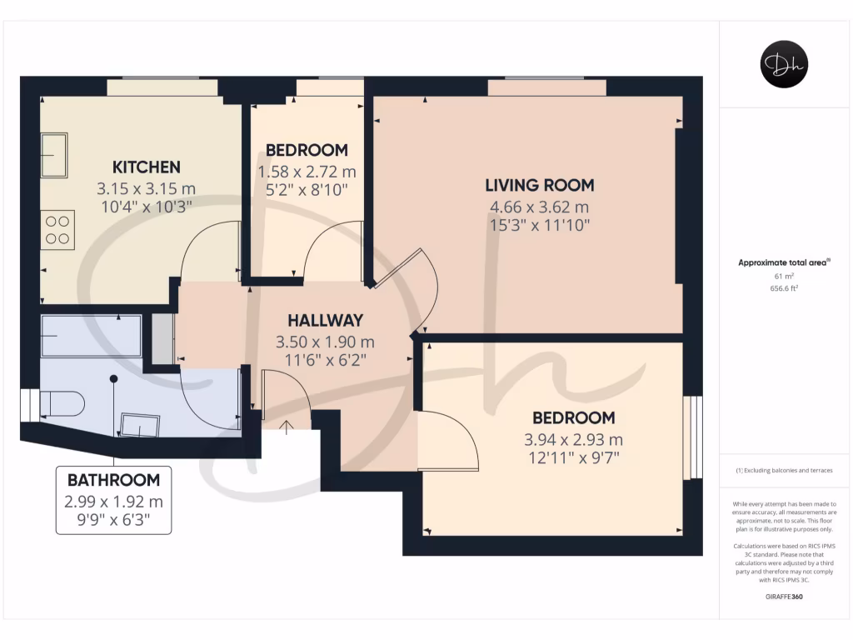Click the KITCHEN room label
147,167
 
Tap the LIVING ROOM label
540,185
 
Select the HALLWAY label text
325,320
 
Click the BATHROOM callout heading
113,480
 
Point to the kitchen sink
56,155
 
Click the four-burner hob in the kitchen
57,229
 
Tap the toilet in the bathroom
63,405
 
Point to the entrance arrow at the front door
288,427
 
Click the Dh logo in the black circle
784,64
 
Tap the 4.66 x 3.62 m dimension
540,207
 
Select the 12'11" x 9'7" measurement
574,457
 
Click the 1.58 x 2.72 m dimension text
307,172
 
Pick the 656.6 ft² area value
784,287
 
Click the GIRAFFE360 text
784,597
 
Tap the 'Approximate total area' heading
784,262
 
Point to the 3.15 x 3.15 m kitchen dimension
147,188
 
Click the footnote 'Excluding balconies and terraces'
784,471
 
